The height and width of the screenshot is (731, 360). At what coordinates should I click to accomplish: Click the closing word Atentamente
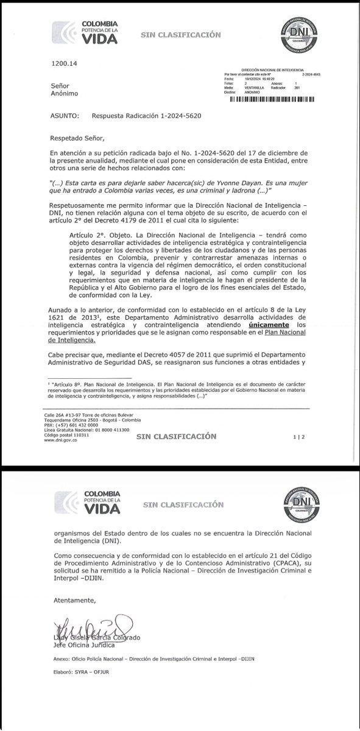click(72, 600)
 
